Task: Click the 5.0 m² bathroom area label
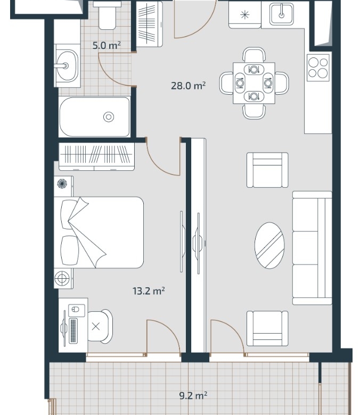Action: point(107,45)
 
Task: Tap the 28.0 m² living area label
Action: point(188,86)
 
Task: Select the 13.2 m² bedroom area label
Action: point(149,291)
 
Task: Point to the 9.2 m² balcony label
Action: point(193,396)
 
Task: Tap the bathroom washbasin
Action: point(68,65)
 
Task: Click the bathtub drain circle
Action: point(109,117)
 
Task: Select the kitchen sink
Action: point(282,14)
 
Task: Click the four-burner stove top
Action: point(318,68)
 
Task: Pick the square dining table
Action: point(254,83)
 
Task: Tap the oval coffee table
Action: point(269,246)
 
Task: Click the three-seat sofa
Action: point(312,248)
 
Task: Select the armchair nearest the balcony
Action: point(267,328)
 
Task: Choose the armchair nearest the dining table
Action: point(267,170)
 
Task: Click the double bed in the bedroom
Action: point(99,233)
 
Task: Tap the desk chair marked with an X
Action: point(100,327)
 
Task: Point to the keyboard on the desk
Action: point(73,331)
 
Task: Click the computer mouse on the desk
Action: point(75,310)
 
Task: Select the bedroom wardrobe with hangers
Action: point(97,156)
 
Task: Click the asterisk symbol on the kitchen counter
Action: point(244,15)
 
